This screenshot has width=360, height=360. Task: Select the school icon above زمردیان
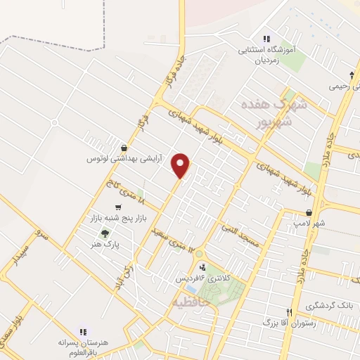(266, 39)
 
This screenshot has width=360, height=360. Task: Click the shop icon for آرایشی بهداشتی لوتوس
(124, 148)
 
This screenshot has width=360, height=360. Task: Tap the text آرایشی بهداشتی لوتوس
(124, 159)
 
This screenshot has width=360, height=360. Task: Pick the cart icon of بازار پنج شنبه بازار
(117, 207)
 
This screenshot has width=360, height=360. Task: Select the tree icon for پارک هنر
(105, 234)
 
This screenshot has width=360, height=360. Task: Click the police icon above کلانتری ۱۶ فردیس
(202, 267)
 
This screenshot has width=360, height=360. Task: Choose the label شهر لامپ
(309, 224)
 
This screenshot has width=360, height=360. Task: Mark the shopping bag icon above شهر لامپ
(309, 213)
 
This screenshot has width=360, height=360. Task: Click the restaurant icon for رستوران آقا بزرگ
(288, 312)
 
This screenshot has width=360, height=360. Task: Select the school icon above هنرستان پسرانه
(83, 330)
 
